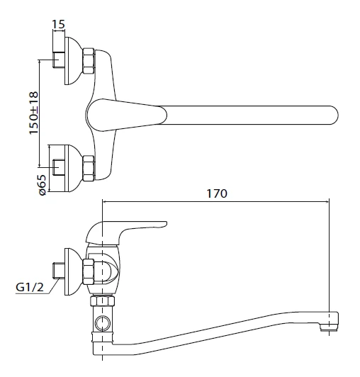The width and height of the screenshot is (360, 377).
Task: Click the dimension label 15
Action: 58,24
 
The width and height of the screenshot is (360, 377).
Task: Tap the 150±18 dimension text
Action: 34,113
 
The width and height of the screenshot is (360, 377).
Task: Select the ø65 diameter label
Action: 42,185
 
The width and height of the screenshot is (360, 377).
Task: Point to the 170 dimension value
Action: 217,193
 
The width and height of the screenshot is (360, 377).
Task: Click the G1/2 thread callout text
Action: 30,287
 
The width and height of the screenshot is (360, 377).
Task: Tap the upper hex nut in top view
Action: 89,61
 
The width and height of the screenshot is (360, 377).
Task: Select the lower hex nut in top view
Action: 89,169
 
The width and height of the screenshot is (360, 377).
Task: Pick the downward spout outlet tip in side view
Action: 329,326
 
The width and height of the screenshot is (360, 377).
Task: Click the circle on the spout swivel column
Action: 103,323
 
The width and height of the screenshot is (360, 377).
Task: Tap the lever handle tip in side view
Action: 164,224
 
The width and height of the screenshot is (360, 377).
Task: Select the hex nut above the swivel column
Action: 103,301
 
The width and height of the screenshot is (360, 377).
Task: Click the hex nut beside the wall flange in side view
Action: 89,271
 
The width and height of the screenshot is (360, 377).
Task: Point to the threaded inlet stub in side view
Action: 59,271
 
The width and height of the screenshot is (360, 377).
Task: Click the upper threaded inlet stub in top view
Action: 59,60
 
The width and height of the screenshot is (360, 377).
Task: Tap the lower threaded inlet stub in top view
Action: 59,167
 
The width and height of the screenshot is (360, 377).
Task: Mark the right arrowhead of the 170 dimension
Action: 327,202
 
